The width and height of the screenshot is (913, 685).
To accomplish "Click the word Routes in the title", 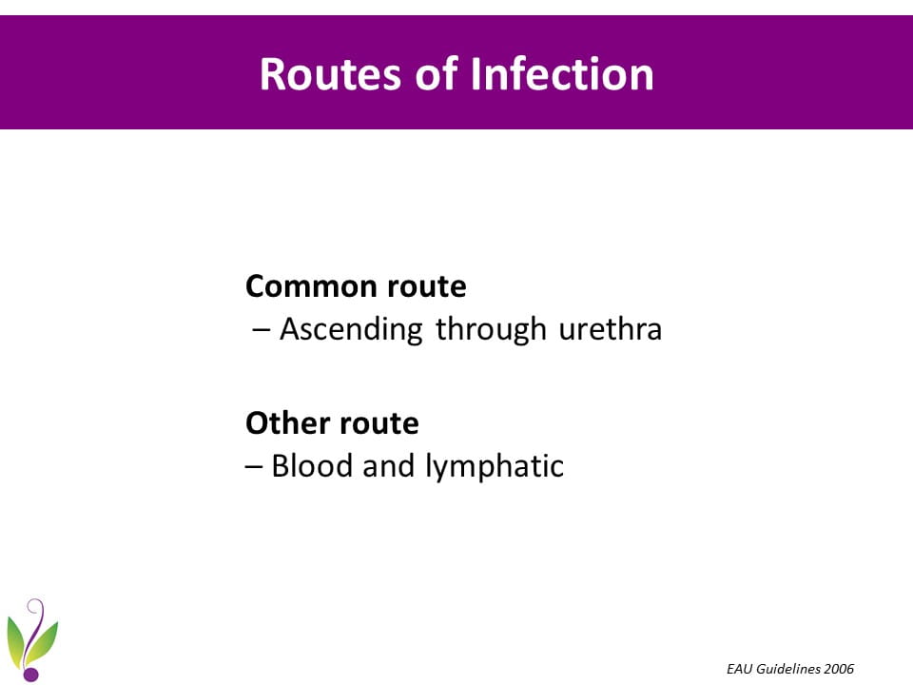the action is [x=330, y=74].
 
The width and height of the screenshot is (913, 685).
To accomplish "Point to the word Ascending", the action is [x=351, y=330].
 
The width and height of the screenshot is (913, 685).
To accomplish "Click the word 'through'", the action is [x=492, y=330].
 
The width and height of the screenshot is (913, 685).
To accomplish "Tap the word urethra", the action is [x=611, y=330].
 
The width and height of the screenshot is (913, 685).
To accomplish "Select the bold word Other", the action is [x=287, y=422].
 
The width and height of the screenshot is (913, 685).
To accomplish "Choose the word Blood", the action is [x=312, y=466].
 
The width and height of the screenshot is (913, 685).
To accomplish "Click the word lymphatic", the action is [x=495, y=467].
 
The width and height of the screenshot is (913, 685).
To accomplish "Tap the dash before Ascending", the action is [x=262, y=330].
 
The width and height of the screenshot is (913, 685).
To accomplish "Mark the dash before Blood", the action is [x=254, y=466].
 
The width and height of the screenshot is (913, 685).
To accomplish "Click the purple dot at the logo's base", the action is [x=30, y=674].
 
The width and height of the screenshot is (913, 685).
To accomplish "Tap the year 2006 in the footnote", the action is [x=839, y=669].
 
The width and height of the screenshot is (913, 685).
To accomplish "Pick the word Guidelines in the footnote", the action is [x=787, y=669].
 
